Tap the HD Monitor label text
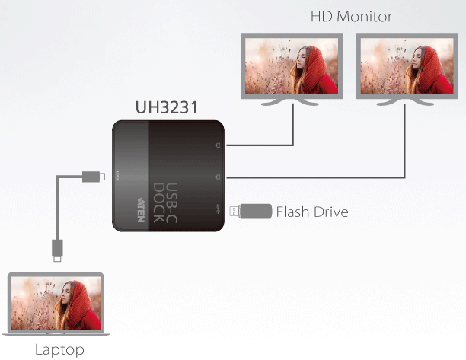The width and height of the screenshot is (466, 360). point(351,15)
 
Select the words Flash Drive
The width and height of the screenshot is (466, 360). point(312,212)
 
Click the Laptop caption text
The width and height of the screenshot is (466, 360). point(59,350)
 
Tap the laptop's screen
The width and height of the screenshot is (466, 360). point(55,303)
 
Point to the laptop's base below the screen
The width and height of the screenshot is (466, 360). point(55,333)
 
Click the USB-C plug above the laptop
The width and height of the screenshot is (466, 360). point(57,249)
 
